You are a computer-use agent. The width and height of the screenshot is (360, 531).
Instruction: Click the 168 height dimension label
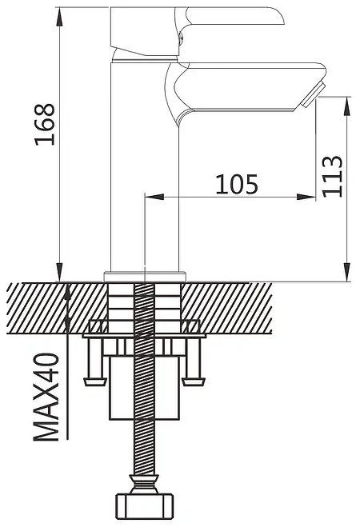pos(45,124)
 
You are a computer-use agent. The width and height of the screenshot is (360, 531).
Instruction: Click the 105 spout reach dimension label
pos(237,184)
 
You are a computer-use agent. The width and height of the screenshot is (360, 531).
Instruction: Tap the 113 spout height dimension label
pos(332,176)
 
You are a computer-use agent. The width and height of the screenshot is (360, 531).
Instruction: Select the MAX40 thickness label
pos(46,397)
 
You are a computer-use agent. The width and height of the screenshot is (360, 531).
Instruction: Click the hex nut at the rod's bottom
pos(145,507)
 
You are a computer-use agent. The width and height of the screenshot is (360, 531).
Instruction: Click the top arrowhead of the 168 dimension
pos(60,16)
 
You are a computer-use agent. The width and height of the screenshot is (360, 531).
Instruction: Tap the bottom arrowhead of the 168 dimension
pos(60,272)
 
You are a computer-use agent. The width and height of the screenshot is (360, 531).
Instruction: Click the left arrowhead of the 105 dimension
pos(154,197)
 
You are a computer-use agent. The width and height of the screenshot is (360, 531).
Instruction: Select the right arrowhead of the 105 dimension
pos(306,197)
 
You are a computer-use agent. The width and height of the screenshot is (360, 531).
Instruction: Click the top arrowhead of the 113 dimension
pos(347,106)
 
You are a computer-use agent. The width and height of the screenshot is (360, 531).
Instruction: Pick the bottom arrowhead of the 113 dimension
pos(347,272)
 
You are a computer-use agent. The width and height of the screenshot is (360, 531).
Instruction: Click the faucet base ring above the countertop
pos(145,277)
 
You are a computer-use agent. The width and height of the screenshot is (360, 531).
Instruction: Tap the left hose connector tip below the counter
pos(95,381)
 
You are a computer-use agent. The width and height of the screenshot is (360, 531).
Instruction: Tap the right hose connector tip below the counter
pos(194,381)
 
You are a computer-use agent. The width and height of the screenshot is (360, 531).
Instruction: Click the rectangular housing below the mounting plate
pos(145,387)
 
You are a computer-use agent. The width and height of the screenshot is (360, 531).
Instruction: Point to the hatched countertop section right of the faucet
pos(226,308)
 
